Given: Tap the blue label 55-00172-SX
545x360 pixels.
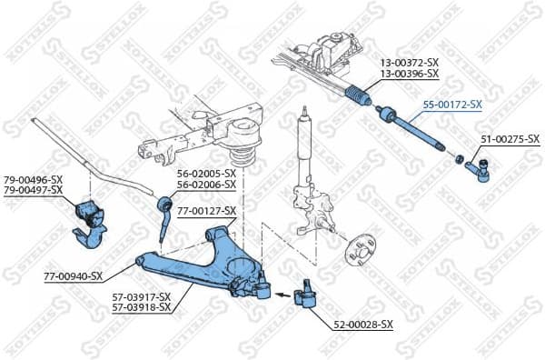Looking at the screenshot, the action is (x=451, y=105).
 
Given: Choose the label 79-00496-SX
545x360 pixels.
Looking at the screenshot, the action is (x=33, y=179).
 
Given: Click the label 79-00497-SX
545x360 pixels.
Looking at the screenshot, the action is (x=33, y=189).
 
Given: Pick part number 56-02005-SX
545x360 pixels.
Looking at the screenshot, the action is (x=206, y=173).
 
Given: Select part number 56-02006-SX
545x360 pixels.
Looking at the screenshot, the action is (x=206, y=184).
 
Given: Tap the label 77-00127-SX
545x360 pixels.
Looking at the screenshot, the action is (x=206, y=210).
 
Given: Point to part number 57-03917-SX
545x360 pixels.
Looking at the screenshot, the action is (x=142, y=296).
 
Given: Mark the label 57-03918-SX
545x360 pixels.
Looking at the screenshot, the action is (x=142, y=307).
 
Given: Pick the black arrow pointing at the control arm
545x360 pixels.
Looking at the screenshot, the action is (x=283, y=294).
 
